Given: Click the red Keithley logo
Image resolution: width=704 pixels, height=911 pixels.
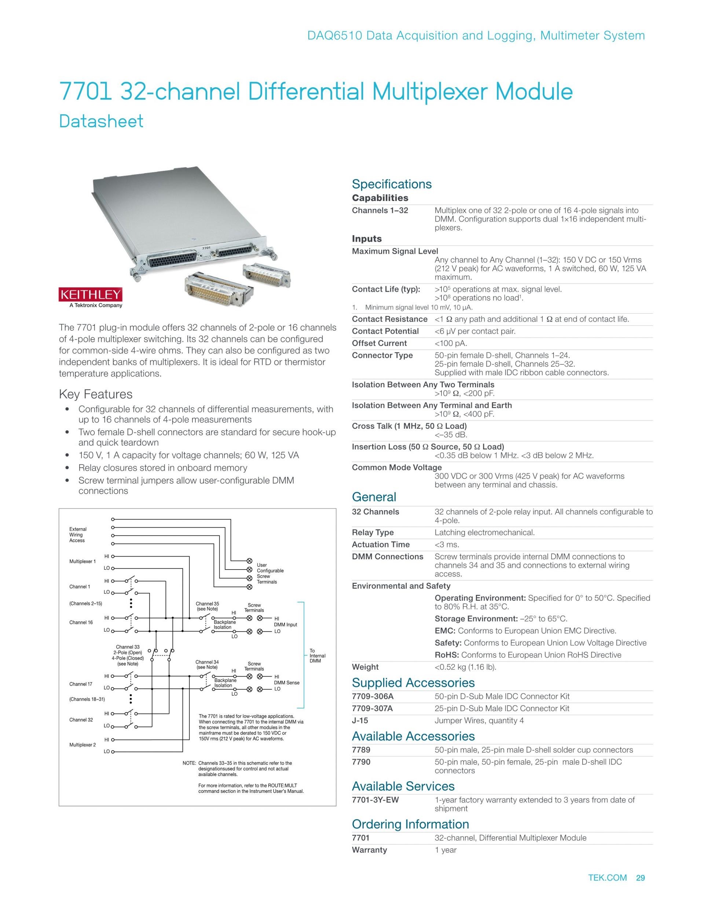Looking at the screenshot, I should pos(90,294).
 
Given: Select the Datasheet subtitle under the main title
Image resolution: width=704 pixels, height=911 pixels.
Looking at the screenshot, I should pos(101,121).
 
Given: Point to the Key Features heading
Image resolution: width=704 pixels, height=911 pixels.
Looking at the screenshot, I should pos(95,394).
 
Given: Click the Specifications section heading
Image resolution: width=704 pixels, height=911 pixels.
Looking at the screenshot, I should pos(392,184).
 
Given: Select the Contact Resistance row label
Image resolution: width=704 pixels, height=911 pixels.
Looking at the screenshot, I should pos(389,319).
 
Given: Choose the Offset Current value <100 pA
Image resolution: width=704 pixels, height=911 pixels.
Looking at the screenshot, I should pos(451,343).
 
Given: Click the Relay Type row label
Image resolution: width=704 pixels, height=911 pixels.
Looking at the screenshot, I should pos(373,533).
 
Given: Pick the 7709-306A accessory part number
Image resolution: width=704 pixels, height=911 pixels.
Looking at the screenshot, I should pos(373,696).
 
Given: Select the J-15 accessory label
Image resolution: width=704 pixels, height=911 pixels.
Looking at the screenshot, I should pos(360,720).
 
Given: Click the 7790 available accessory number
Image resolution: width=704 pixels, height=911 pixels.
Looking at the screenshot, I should pos(361,762).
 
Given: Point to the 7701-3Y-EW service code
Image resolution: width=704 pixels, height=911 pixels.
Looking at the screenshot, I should pos(375,800).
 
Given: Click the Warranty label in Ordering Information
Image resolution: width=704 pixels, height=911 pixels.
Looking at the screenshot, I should pos(369,850).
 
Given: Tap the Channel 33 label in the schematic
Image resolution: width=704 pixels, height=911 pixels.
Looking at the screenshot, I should pos(128,647).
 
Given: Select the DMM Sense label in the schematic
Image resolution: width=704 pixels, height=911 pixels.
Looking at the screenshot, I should pos(286,683).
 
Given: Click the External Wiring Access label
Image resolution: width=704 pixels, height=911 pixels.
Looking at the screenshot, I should pos(78,535).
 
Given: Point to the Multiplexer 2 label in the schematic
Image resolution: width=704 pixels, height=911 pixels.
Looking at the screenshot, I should pos(82,744).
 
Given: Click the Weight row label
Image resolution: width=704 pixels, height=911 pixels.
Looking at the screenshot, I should pos(365,667).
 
